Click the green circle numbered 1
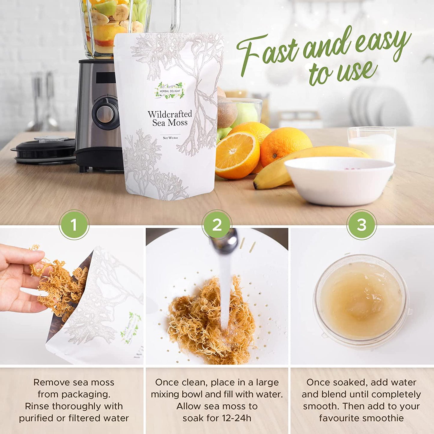(74, 225)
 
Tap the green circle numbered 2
(217, 225)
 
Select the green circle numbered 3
(362, 225)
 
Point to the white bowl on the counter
(340, 181)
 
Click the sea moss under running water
(212, 315)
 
